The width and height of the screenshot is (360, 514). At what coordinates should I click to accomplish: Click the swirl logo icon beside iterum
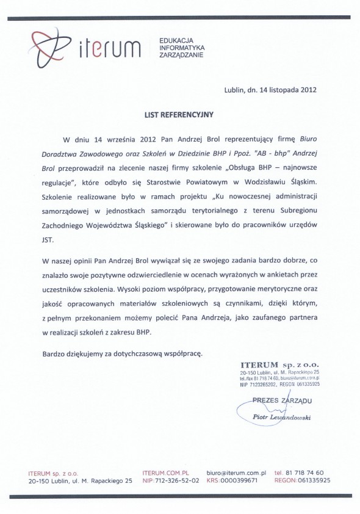pos(46,46)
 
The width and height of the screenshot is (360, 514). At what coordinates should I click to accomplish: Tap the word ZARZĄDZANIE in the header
pos(180,54)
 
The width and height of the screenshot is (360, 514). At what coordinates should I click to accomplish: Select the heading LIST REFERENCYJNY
pos(179,114)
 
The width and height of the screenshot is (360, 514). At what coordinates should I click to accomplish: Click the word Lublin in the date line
pos(236,90)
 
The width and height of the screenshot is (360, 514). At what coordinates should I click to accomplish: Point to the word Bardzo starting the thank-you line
pos(54,353)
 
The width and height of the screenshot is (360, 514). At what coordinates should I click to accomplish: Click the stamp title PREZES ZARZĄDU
pos(282,400)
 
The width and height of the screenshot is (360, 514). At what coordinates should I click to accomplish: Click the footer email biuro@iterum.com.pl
pos(236,472)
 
